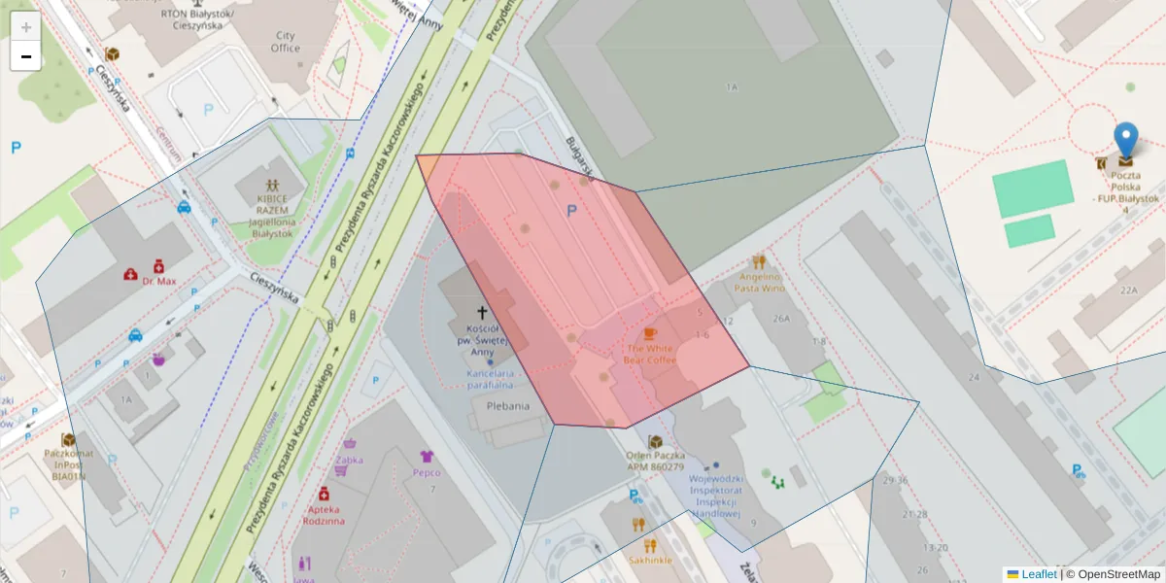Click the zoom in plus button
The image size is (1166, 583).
[x=26, y=27]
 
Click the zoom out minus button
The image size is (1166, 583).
[x=26, y=56]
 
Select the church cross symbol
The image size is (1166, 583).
[x=481, y=313]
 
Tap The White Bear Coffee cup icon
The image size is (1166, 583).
[x=649, y=333]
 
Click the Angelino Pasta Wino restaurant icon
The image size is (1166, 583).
[x=759, y=261]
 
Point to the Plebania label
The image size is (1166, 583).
[x=508, y=405]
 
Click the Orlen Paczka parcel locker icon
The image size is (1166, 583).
[x=655, y=442]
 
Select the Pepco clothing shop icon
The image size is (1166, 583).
[x=426, y=456]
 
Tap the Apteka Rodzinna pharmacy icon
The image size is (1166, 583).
[x=325, y=494]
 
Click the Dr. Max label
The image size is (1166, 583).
[x=158, y=281]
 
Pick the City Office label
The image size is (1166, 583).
[x=286, y=42]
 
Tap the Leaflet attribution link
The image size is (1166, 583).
[x=1039, y=574]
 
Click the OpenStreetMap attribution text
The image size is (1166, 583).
[x=1113, y=574]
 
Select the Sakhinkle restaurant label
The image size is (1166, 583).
[x=650, y=560]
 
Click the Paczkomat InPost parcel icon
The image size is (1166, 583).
[x=68, y=440]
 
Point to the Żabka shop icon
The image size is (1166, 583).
[x=341, y=471]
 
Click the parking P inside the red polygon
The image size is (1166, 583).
[x=571, y=210]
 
